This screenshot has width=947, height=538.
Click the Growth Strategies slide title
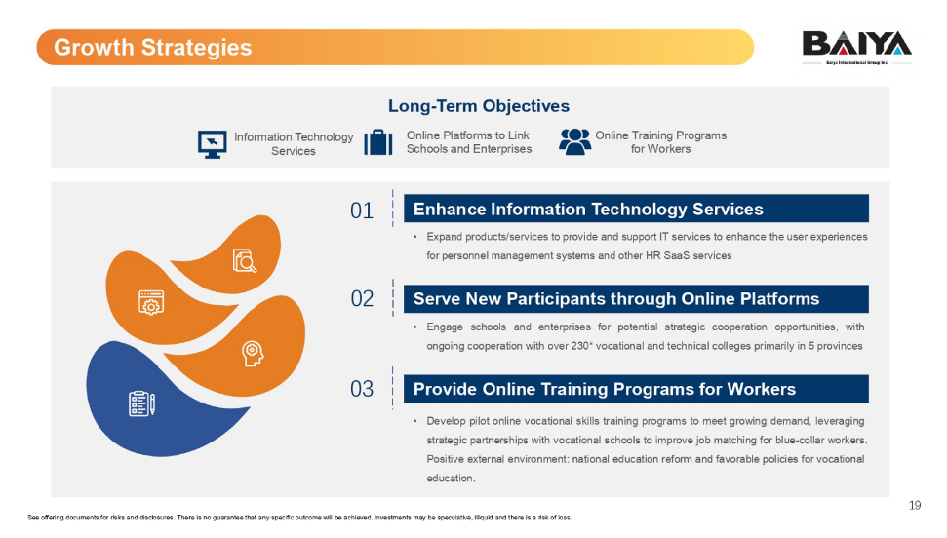pos(153,47)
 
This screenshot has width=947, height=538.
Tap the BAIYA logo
pos(856,47)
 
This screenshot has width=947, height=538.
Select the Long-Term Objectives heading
pos(478,106)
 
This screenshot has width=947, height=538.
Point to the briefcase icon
pos(378,142)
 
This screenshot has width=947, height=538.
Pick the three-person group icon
pos(574,142)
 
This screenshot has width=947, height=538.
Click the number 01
pos(362,211)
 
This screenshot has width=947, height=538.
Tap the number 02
pos(362,299)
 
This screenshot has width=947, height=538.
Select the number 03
pos(362,389)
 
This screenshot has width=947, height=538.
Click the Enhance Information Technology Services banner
pos(636,209)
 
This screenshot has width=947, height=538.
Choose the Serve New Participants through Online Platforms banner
pos(636,299)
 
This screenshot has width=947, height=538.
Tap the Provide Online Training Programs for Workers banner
pos(636,389)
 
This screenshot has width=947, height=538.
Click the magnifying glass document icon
pos(245,261)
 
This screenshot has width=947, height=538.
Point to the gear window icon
pos(151,303)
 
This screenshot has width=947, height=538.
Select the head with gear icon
pos(253,353)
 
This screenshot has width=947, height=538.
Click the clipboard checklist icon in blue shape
pos(142,403)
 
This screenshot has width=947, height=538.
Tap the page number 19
pos(915,506)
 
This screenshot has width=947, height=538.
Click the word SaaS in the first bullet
pos(677,255)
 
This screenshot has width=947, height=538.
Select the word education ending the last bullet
pos(450,479)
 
